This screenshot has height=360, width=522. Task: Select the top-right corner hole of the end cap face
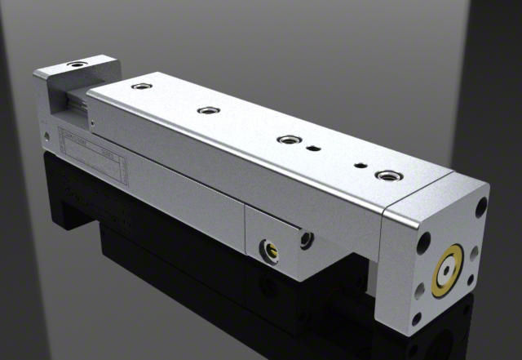click(x=481, y=207)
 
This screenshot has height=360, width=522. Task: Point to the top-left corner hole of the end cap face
click(x=424, y=242)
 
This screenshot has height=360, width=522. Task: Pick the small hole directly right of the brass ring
click(x=475, y=254)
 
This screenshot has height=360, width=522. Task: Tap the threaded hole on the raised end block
click(x=77, y=64)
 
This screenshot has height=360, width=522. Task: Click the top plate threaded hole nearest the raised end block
click(x=141, y=86)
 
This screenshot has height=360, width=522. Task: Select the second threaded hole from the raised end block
click(x=208, y=109)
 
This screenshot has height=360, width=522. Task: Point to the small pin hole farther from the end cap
click(x=314, y=149)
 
